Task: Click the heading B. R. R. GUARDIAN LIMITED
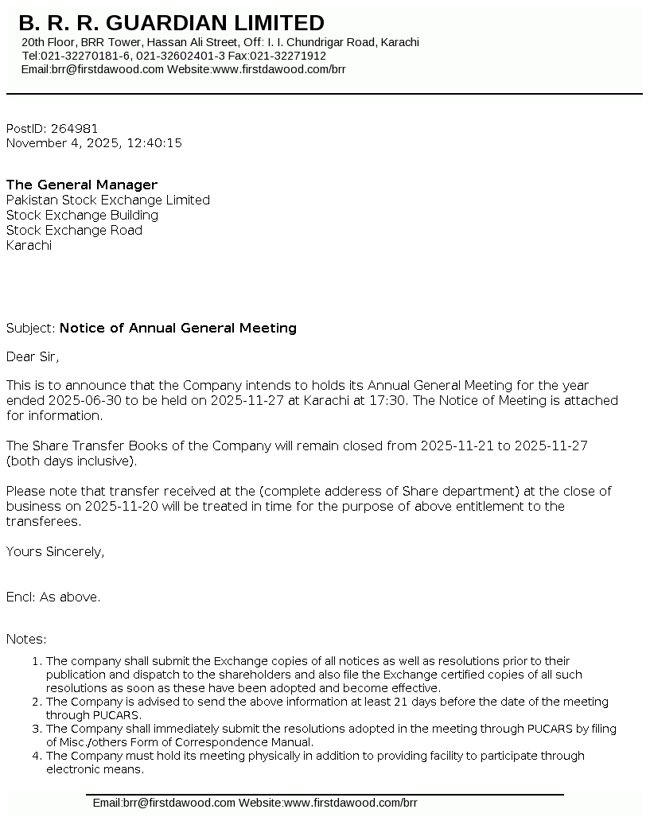[x=171, y=23]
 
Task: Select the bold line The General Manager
[x=82, y=185]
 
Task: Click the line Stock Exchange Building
[x=82, y=216]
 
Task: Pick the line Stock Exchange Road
[x=74, y=231]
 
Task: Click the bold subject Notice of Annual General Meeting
[x=178, y=328]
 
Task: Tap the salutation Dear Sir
[x=33, y=356]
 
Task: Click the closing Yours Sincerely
[x=55, y=551]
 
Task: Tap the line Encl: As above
[x=53, y=597]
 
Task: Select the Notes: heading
[x=26, y=639]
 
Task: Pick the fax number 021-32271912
[x=288, y=56]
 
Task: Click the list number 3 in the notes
[x=37, y=729]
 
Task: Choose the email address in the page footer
[x=164, y=803]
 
